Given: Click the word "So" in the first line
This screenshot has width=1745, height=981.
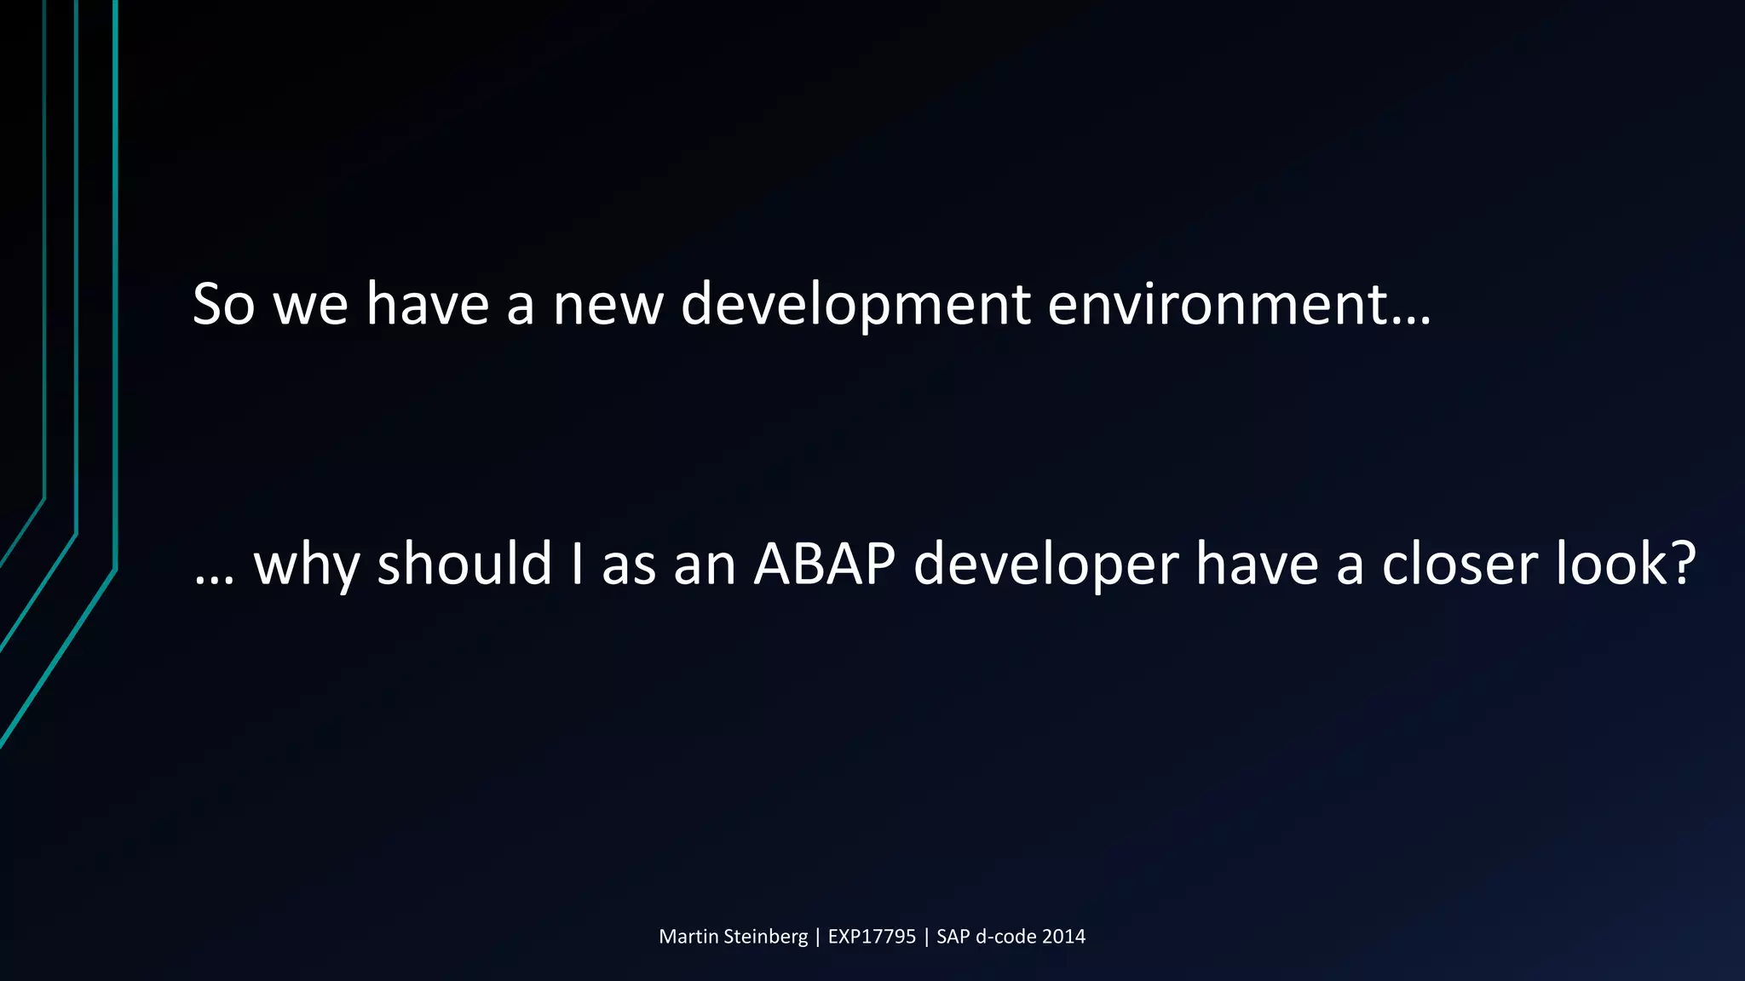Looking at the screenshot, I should tap(223, 304).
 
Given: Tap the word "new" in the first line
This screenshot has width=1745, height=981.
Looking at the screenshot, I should tap(608, 304).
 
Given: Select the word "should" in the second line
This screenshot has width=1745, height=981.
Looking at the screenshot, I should tap(464, 564).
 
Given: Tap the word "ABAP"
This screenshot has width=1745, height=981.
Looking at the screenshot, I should tap(824, 564).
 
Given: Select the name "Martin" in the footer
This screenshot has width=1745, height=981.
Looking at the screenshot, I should tap(688, 937).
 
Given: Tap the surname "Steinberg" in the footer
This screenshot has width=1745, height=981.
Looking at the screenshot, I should tap(765, 937).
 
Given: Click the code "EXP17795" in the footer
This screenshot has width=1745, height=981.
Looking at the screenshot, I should tap(872, 937).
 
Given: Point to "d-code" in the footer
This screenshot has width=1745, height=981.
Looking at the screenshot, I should tap(1005, 937).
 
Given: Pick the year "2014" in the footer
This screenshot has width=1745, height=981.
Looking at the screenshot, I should tap(1063, 937).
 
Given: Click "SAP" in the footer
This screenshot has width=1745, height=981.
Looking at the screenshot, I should tap(953, 937).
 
